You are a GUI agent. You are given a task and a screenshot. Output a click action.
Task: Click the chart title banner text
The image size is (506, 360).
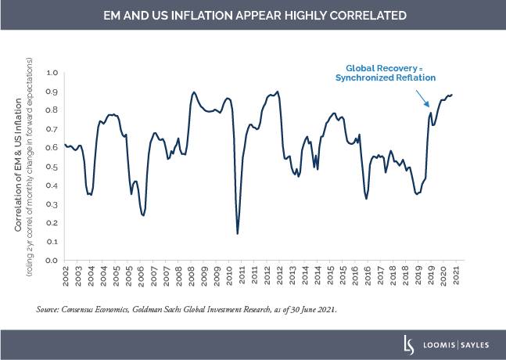(253, 15)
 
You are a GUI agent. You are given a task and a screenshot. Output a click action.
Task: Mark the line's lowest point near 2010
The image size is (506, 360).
(238, 233)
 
